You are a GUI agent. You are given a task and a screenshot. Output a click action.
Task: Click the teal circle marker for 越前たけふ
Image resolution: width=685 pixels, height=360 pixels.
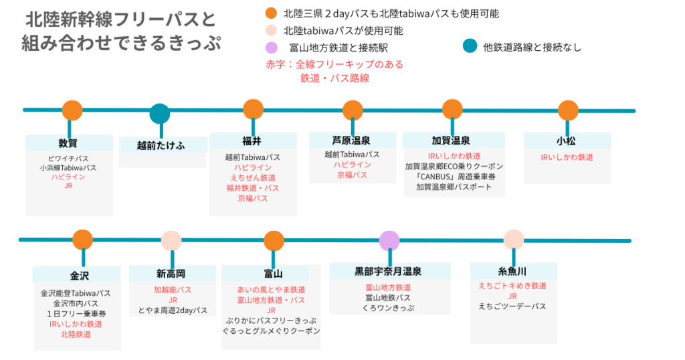[159, 114]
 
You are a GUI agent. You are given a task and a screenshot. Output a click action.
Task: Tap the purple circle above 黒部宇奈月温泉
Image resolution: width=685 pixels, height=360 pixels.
[389, 240]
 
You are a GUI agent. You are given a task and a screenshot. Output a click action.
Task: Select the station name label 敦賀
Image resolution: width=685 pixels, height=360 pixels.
[68, 143]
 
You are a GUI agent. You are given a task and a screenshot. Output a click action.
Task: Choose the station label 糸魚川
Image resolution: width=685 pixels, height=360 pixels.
[512, 272]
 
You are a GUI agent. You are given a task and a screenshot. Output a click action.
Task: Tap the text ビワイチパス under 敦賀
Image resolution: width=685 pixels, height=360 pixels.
[68, 158]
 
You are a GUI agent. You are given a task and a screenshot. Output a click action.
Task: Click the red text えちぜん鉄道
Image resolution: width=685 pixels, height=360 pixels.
[253, 177]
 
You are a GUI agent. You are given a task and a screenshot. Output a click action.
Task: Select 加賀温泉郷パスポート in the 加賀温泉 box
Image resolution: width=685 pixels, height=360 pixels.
[454, 187]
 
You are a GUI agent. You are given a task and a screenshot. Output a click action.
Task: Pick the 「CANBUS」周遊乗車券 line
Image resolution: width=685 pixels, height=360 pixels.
[454, 177]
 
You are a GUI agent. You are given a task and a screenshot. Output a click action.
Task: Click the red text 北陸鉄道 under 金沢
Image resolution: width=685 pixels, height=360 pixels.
[76, 334]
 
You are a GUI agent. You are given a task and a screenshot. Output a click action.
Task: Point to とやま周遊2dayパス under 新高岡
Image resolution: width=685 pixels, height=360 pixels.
[173, 310]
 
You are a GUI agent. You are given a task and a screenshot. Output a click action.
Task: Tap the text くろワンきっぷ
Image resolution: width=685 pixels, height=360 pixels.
[389, 308]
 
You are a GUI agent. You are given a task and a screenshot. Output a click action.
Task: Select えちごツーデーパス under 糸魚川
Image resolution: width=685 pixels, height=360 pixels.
[512, 306]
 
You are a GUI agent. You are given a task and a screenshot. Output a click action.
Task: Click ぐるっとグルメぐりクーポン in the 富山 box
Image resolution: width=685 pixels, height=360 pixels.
[272, 331]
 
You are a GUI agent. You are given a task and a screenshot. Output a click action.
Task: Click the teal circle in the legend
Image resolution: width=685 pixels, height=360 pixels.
[470, 46]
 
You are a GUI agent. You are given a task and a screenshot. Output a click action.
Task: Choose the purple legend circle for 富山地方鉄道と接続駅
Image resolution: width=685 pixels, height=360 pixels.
[271, 48]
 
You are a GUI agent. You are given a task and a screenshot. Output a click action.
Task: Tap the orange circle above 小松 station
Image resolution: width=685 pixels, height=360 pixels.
[567, 110]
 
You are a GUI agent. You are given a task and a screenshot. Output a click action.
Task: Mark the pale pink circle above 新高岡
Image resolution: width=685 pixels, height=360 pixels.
[172, 241]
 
